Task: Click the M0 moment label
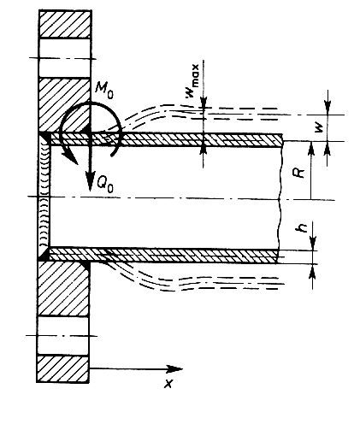point(104,91)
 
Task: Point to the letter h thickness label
point(302,227)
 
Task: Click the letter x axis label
point(168,384)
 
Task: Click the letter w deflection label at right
point(320,128)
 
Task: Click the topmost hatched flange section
point(65,24)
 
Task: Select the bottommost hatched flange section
point(62,368)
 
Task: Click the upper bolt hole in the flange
point(65,57)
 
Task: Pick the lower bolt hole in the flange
point(63,336)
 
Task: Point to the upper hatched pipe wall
point(166,140)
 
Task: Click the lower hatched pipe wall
point(164,256)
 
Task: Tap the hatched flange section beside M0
point(64,105)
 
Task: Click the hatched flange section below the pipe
point(63,288)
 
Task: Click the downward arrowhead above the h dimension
point(313,244)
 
